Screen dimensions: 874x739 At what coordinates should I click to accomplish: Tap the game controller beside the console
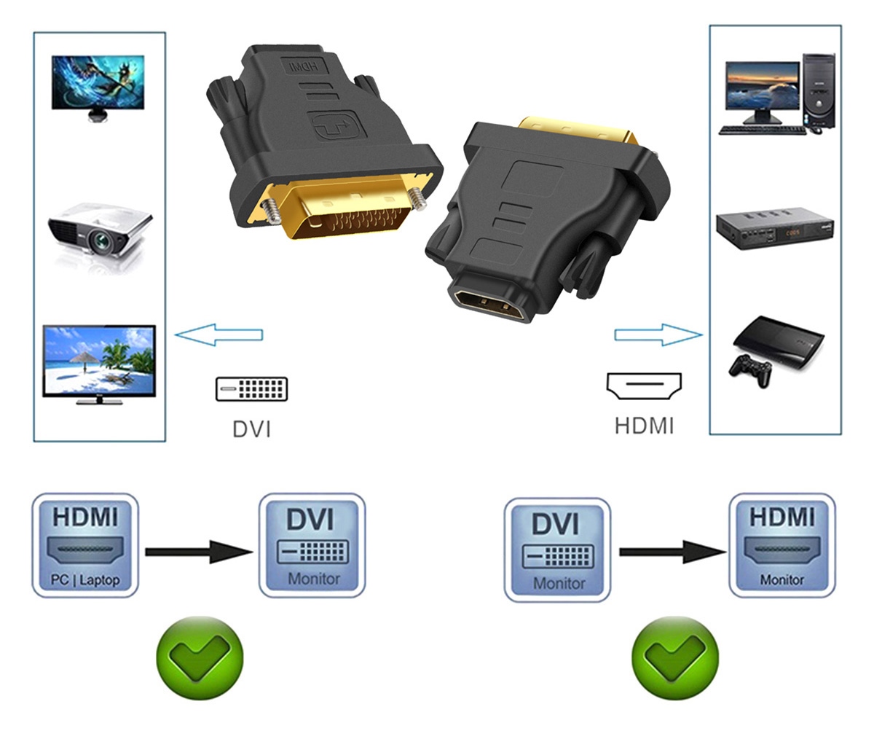[750, 370]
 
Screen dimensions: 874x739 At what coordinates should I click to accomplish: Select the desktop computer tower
[819, 91]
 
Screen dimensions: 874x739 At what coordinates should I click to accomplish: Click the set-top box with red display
[774, 228]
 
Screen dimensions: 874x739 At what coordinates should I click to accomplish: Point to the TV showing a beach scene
[99, 364]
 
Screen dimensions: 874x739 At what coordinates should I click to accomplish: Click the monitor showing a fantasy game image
[98, 87]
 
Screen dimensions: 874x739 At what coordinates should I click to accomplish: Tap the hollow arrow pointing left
[219, 335]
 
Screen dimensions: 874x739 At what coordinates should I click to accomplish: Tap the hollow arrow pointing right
[658, 335]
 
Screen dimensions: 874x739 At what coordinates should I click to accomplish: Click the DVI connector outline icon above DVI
[251, 388]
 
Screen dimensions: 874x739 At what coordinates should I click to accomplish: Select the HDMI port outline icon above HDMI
[644, 386]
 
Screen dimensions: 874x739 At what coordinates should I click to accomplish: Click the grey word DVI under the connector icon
[251, 429]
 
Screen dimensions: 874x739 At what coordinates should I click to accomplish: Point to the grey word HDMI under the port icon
[644, 426]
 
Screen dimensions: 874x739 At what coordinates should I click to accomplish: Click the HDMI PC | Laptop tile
[85, 545]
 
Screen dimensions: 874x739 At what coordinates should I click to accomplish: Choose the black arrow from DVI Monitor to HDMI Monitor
[673, 552]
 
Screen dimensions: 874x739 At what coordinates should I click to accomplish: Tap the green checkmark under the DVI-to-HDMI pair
[674, 657]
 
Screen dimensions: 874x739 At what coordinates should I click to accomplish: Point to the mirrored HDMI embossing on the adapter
[304, 66]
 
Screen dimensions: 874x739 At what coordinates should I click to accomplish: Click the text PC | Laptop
[85, 580]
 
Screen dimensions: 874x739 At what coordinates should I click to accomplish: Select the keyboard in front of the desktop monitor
[763, 130]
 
